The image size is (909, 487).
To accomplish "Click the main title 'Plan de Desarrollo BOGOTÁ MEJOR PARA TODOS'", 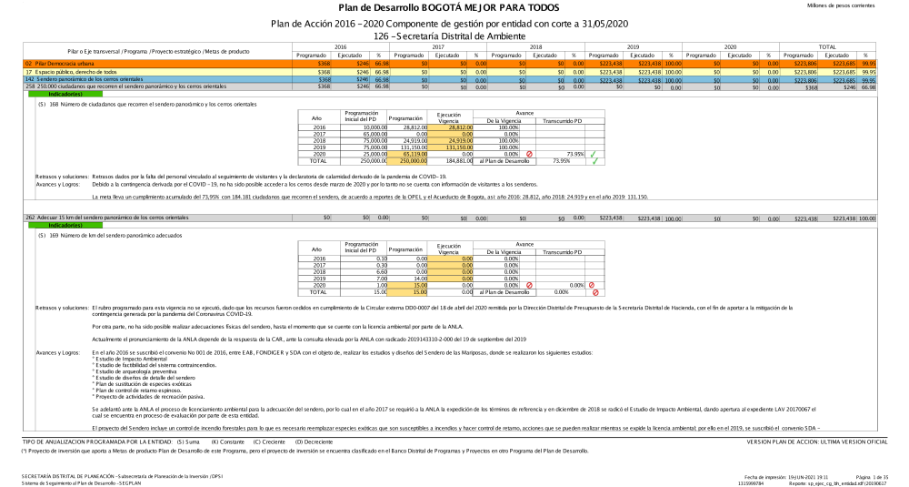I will pyautogui.click(x=454, y=8).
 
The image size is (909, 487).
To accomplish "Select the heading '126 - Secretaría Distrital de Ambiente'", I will pyautogui.click(x=454, y=35).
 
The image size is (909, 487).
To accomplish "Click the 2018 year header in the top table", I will pyautogui.click(x=536, y=46).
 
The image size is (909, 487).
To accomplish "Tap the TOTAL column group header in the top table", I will pyautogui.click(x=827, y=46).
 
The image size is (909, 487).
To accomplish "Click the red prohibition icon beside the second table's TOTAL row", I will pyautogui.click(x=595, y=292).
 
